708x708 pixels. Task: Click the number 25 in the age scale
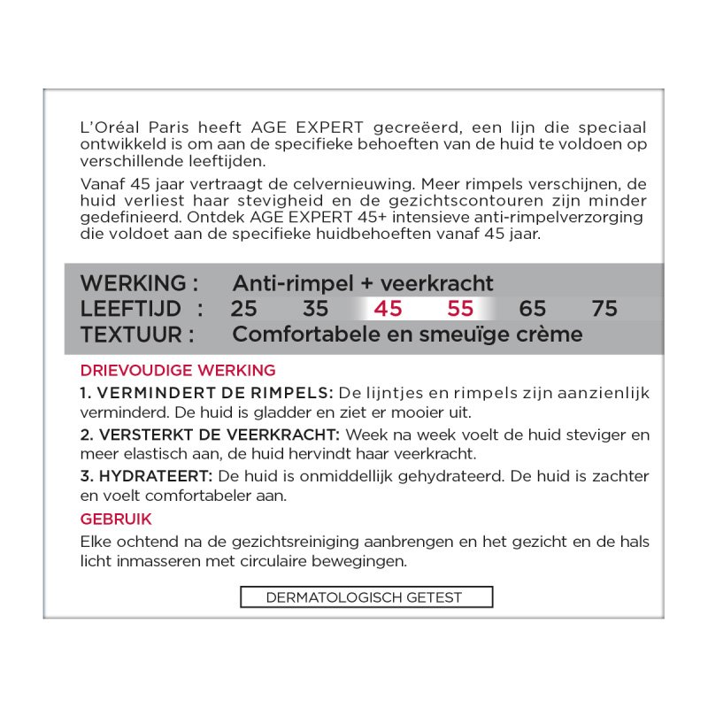[243, 309]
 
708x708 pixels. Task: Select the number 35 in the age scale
[315, 309]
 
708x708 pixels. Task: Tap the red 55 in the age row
[460, 309]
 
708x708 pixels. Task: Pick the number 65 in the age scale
[533, 309]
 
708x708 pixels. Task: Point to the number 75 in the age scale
[604, 309]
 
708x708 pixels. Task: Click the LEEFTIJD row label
[132, 309]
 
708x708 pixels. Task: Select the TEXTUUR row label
[136, 335]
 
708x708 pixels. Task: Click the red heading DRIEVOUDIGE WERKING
[178, 370]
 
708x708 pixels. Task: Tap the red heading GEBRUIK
[116, 519]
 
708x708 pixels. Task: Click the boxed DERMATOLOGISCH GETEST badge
[366, 597]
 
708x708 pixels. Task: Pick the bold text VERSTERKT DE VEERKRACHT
[219, 435]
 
